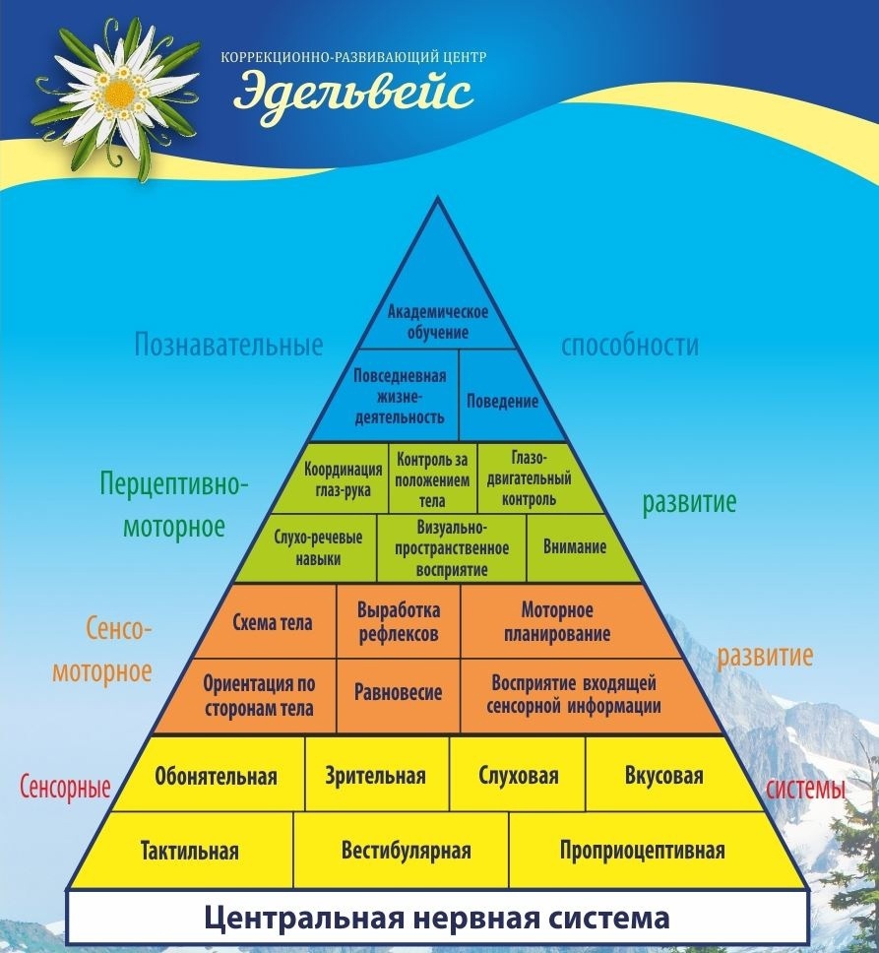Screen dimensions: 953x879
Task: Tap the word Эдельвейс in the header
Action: pos(353,92)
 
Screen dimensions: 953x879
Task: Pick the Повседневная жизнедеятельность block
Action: pos(399,396)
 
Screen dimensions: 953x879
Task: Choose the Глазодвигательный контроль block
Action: pos(529,478)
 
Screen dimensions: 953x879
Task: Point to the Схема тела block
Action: pos(272,622)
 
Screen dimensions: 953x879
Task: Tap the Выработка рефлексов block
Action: pos(399,621)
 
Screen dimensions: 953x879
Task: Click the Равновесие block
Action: pos(399,693)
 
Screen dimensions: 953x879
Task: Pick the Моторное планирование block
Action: pos(557,621)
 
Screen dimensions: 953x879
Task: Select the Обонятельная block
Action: pos(216,776)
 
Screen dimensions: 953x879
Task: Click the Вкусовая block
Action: pos(663,776)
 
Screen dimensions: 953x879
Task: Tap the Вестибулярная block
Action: pos(406,850)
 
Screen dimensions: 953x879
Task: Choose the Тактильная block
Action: pos(189,850)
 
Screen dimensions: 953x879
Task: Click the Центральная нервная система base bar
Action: pos(437,918)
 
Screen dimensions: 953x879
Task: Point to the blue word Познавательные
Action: pos(228,345)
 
